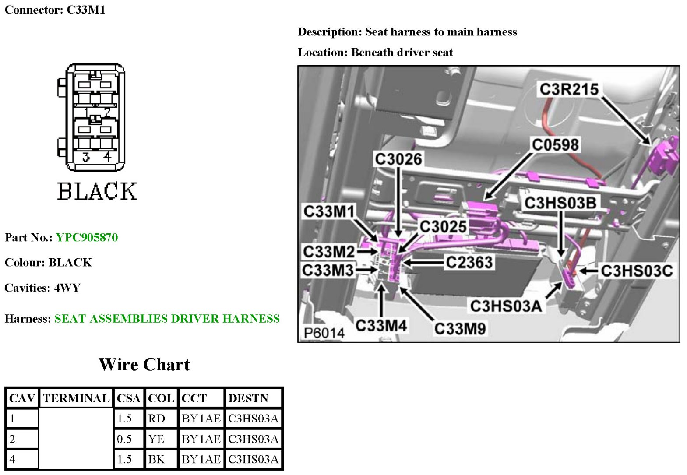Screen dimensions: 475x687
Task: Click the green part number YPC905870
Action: [x=87, y=237]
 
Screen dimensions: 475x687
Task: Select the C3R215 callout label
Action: [x=569, y=89]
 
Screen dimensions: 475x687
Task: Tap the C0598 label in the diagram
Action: [x=555, y=144]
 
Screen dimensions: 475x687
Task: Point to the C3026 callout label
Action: [x=398, y=159]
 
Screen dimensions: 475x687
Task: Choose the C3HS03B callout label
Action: [x=560, y=203]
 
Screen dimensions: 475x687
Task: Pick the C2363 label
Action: [x=469, y=262]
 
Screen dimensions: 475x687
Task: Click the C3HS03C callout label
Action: [x=637, y=271]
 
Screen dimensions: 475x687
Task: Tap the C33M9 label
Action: [x=460, y=328]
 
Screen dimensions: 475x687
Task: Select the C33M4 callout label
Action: [x=381, y=325]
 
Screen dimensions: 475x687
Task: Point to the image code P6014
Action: [x=324, y=333]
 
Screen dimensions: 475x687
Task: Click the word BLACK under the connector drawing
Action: [x=97, y=191]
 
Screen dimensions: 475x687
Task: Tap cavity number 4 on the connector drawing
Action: [x=107, y=157]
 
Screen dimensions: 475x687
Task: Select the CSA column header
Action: [x=128, y=398]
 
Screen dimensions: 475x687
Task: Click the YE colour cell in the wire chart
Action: [x=156, y=439]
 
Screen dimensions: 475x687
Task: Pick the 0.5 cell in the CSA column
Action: [x=124, y=439]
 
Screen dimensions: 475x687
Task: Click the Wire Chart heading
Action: [x=144, y=364]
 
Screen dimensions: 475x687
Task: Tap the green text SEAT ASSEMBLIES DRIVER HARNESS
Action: [x=167, y=318]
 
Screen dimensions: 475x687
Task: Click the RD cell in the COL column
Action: [x=156, y=419]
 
